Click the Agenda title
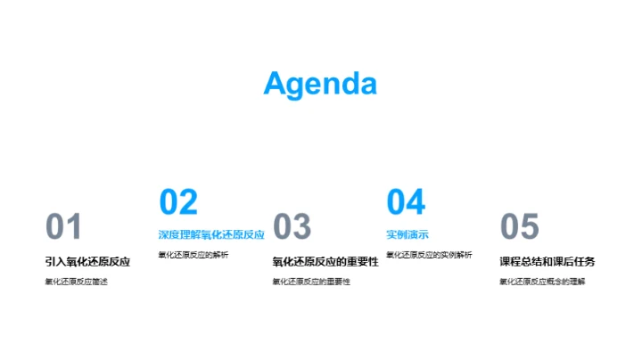(x=320, y=83)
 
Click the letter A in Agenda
(x=276, y=83)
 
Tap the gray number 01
(x=63, y=227)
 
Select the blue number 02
(x=177, y=202)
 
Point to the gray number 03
(x=292, y=227)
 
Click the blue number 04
(x=406, y=202)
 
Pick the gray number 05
(x=520, y=227)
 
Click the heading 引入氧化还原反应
(x=88, y=262)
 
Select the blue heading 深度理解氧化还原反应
(x=211, y=235)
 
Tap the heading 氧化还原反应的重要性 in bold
(x=325, y=262)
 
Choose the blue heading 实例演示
(x=407, y=235)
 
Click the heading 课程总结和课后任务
(x=547, y=262)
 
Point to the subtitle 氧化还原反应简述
(x=76, y=282)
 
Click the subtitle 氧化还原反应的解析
(x=193, y=256)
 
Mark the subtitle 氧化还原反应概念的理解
(x=542, y=282)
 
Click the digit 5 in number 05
(x=531, y=227)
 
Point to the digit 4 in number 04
(x=416, y=202)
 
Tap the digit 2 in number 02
(x=187, y=202)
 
